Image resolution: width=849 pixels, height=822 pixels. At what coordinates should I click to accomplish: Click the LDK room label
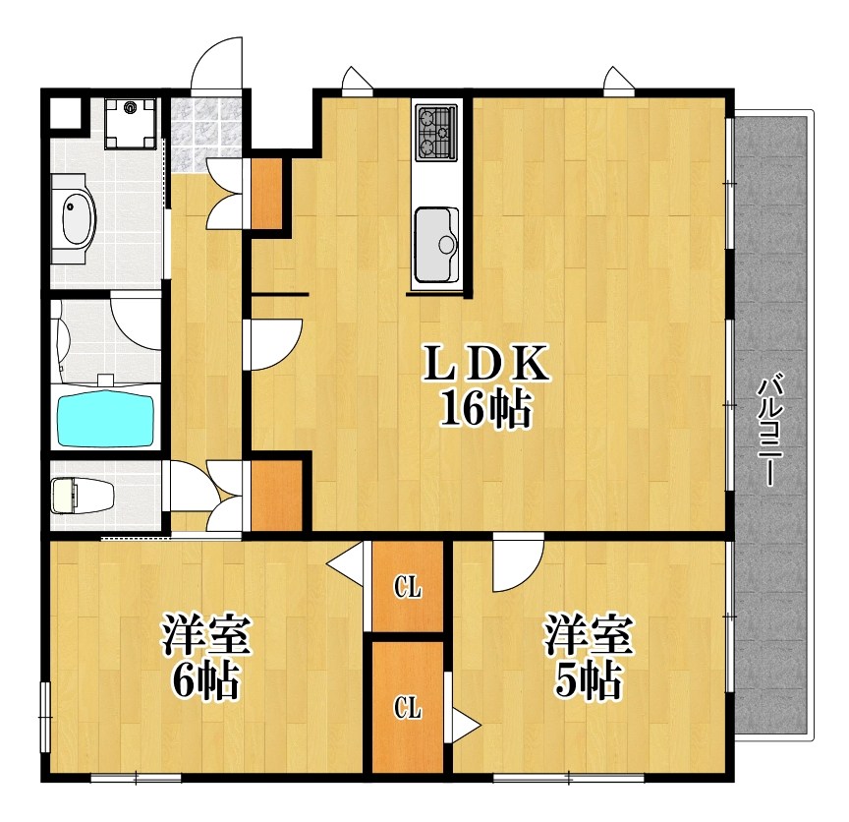tap(485, 366)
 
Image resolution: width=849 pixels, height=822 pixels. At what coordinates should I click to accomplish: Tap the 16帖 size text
tap(485, 408)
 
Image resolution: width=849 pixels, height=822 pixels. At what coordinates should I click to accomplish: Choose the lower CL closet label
tap(407, 707)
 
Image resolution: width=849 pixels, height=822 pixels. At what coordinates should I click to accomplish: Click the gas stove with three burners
tap(436, 132)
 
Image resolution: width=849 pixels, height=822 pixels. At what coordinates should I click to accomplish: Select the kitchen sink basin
tap(437, 245)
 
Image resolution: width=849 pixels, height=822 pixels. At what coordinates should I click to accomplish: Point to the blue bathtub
tap(106, 420)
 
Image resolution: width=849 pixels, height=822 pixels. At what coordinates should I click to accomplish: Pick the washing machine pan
tap(130, 124)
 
